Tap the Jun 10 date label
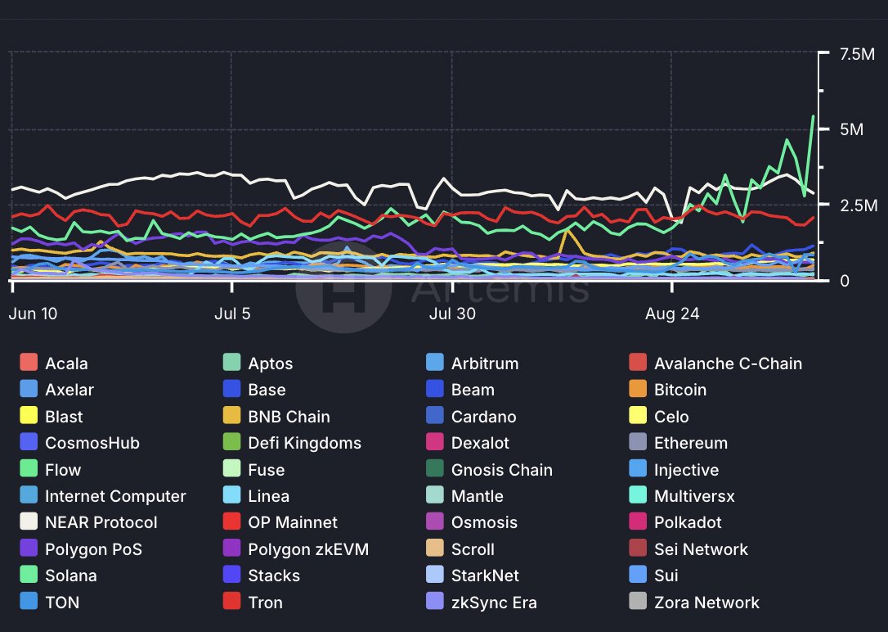click(34, 314)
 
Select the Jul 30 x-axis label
click(453, 314)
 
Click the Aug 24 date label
click(671, 314)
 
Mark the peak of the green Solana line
click(813, 116)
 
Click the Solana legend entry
click(70, 576)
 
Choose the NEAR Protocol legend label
click(101, 522)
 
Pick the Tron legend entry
click(265, 603)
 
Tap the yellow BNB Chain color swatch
click(232, 417)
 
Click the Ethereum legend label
click(690, 443)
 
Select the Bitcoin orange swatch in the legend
click(639, 390)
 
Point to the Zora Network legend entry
click(706, 603)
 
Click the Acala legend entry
click(66, 363)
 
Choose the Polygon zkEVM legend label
click(308, 549)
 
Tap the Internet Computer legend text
click(115, 496)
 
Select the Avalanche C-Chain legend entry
click(728, 363)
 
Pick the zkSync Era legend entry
click(494, 603)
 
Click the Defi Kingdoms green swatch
click(232, 443)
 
